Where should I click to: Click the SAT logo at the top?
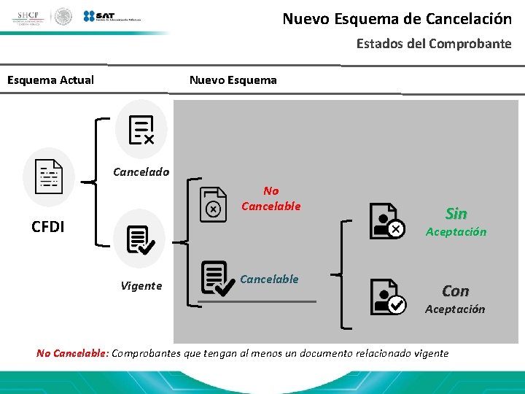(113, 16)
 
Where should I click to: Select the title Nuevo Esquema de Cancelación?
(397, 19)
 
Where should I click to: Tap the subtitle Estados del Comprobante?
(433, 44)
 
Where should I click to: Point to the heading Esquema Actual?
(50, 80)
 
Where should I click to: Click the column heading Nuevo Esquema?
(233, 80)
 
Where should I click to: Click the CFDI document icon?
(49, 177)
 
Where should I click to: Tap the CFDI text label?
(48, 226)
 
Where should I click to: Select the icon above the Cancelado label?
(141, 130)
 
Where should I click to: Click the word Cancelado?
(141, 172)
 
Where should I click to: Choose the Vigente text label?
(141, 286)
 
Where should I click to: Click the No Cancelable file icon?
(213, 204)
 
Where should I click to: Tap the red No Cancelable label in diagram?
(271, 198)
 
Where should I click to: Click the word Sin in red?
(456, 214)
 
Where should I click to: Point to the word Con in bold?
(455, 291)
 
